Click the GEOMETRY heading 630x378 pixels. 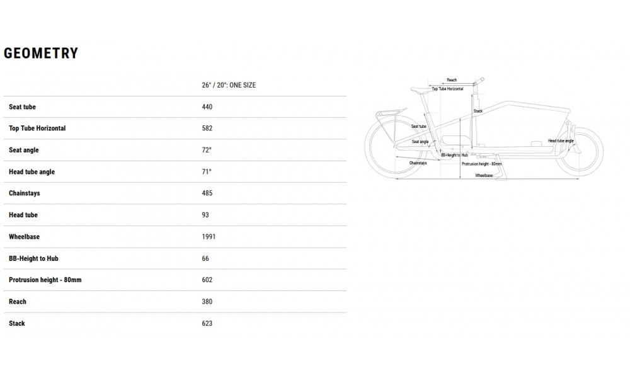(x=41, y=54)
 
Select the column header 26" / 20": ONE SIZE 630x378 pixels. (x=229, y=85)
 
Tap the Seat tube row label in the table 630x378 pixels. (x=22, y=107)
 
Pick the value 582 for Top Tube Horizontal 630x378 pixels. (x=207, y=129)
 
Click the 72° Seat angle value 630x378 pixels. (x=207, y=150)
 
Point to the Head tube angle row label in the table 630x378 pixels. (x=31, y=172)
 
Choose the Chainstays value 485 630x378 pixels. (x=207, y=193)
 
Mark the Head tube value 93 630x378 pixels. (x=205, y=215)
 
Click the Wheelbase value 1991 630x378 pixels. (x=209, y=237)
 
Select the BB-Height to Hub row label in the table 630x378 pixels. (x=33, y=258)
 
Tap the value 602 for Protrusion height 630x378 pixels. (x=207, y=280)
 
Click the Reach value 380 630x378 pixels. (x=207, y=302)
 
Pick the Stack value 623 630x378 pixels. (x=207, y=323)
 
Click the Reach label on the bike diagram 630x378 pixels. (x=452, y=80)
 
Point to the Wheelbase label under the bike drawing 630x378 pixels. (x=484, y=175)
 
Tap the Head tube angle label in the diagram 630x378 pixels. (x=560, y=141)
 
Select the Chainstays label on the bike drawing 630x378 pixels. (x=418, y=163)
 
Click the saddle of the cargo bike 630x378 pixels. (x=419, y=90)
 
